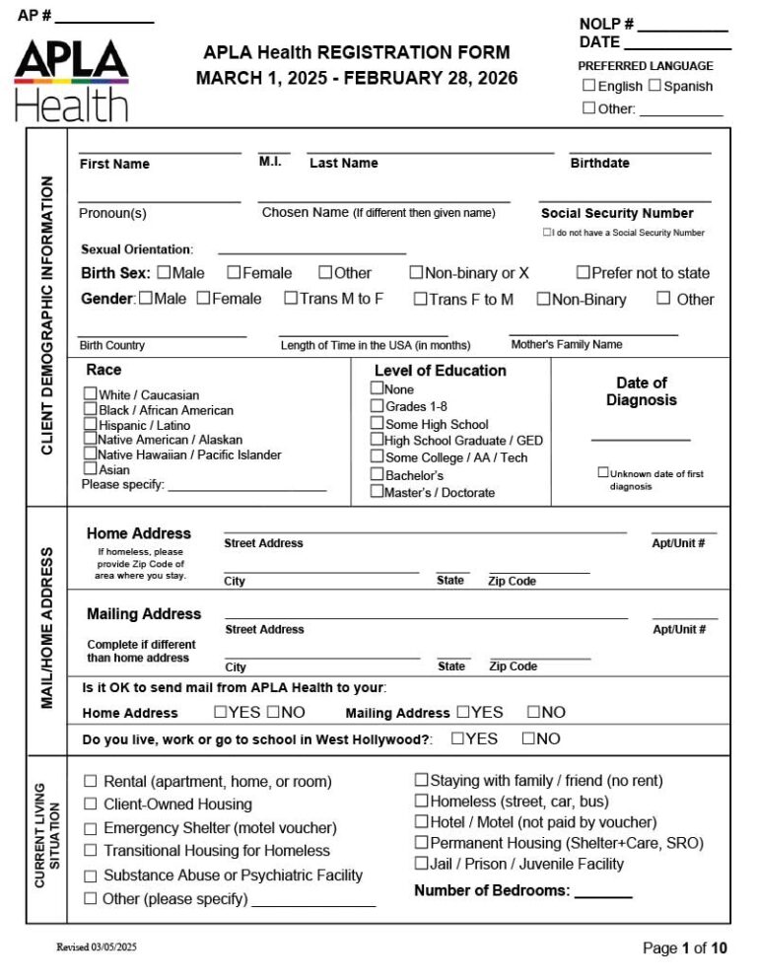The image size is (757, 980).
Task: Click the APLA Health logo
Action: coord(71,80)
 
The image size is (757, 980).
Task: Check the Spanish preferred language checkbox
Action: coord(655,86)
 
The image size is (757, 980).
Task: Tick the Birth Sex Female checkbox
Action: coord(235,273)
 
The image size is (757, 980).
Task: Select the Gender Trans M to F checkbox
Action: coord(291,299)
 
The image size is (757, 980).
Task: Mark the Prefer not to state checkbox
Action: coord(584,273)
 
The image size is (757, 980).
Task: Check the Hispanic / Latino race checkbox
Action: coord(91,425)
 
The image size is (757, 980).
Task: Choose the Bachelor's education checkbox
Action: coord(377,474)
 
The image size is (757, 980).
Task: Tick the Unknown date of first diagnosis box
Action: coord(603,473)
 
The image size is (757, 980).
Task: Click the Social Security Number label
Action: coord(617,213)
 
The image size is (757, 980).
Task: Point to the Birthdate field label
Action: coord(599,164)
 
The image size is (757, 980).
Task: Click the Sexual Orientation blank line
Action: coord(311,251)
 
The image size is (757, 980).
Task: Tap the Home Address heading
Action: coord(139,533)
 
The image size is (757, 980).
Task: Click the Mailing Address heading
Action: coord(144,613)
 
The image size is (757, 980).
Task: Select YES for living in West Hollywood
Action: coord(457,738)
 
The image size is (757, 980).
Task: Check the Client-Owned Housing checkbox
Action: coord(91,805)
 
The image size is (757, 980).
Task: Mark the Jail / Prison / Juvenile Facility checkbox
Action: coord(421,864)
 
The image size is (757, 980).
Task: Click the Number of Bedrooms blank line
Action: coord(602,894)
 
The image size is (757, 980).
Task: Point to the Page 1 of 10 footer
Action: coord(684,948)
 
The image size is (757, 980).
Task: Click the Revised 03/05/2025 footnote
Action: coord(97,947)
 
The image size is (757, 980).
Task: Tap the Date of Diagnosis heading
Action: coord(641,391)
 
